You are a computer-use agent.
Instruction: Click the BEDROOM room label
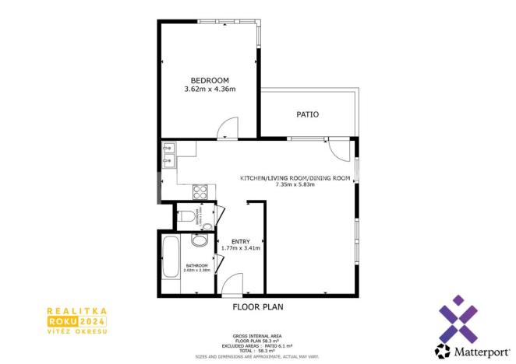click(x=210, y=80)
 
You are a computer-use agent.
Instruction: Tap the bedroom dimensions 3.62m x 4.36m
click(x=210, y=89)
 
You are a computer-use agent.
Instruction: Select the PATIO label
click(x=307, y=114)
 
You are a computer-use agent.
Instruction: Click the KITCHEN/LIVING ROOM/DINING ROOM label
click(x=295, y=178)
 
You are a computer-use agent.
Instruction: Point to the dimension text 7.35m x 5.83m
click(x=295, y=185)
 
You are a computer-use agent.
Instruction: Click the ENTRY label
click(x=240, y=240)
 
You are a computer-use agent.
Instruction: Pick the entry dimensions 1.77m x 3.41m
click(x=240, y=248)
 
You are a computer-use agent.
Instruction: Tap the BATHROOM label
click(x=196, y=265)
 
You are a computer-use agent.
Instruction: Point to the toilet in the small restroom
click(x=184, y=217)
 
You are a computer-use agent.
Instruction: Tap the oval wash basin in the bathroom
click(x=199, y=241)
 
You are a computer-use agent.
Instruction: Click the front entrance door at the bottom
click(x=231, y=287)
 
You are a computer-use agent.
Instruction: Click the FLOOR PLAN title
click(x=258, y=307)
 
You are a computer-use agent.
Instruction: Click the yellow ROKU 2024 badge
click(x=76, y=320)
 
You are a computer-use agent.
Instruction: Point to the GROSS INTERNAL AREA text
click(x=257, y=336)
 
